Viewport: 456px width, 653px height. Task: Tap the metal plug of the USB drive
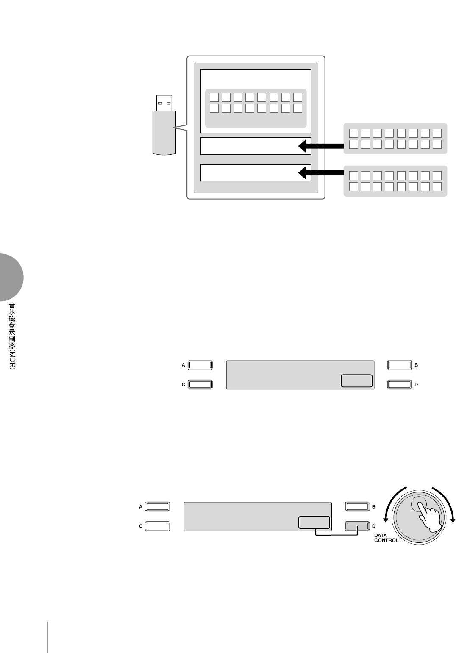(x=164, y=103)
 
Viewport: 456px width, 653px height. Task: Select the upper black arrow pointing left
(x=321, y=146)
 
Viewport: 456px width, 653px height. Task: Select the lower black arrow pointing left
(x=321, y=172)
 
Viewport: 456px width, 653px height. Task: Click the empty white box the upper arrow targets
(x=250, y=146)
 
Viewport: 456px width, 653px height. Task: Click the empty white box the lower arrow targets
(x=250, y=172)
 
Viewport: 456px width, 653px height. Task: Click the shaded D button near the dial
(x=357, y=526)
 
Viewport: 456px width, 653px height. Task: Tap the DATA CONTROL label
(x=386, y=538)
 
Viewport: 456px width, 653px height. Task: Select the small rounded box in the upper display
(x=356, y=381)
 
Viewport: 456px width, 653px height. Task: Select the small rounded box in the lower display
(x=314, y=522)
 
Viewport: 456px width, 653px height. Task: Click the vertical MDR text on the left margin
(x=12, y=335)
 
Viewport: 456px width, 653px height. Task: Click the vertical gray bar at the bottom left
(x=47, y=637)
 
